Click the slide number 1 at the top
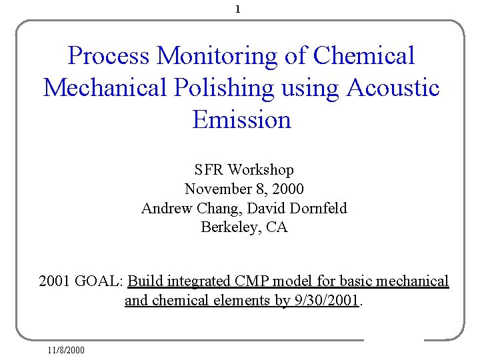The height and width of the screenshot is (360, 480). pyautogui.click(x=239, y=9)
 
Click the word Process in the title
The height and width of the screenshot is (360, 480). pyautogui.click(x=109, y=56)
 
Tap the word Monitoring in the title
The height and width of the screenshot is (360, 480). pyautogui.click(x=217, y=56)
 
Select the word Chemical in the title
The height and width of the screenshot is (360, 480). pyautogui.click(x=364, y=56)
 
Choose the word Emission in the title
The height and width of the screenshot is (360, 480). pyautogui.click(x=241, y=120)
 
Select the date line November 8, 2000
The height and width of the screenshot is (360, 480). pyautogui.click(x=244, y=189)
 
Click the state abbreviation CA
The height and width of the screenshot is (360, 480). pyautogui.click(x=277, y=227)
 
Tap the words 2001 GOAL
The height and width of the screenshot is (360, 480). pyautogui.click(x=81, y=281)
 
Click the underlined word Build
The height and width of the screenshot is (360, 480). pyautogui.click(x=145, y=281)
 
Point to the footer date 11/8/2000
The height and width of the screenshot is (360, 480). pyautogui.click(x=66, y=349)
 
